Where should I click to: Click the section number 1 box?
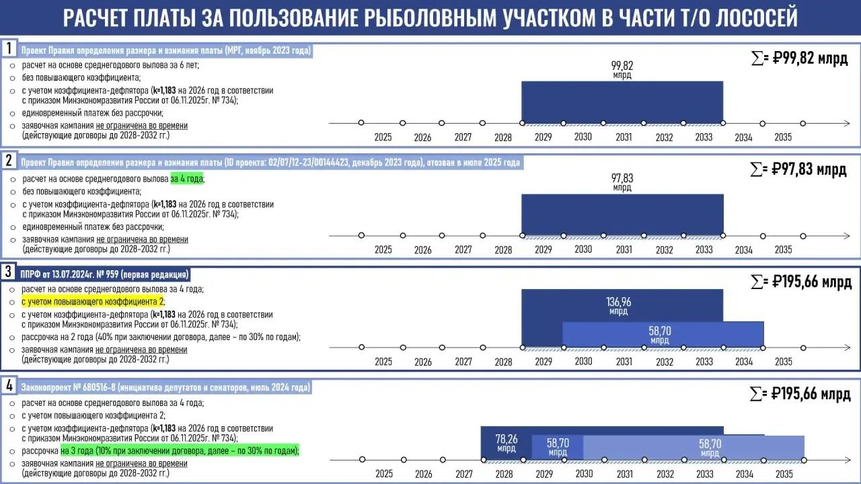[x=9, y=49]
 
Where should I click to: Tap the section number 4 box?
[x=9, y=385]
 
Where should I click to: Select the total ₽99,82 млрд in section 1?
[x=800, y=58]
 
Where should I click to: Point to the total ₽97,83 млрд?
[x=798, y=169]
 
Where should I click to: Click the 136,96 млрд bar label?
[x=618, y=306]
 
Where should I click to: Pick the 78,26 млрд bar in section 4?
[x=507, y=443]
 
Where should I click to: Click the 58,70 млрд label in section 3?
[x=660, y=335]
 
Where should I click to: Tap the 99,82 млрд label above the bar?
[x=622, y=69]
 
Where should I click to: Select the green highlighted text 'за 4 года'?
[x=187, y=179]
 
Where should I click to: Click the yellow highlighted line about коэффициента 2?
[x=93, y=302]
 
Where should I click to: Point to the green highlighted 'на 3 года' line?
[x=180, y=450]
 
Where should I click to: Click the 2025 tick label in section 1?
[x=383, y=137]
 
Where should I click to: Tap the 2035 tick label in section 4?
[x=784, y=474]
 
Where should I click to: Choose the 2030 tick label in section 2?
[x=583, y=249]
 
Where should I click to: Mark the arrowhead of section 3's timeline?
[x=847, y=348]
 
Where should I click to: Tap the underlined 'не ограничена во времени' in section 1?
[x=142, y=126]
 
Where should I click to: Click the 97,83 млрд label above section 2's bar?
[x=622, y=182]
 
